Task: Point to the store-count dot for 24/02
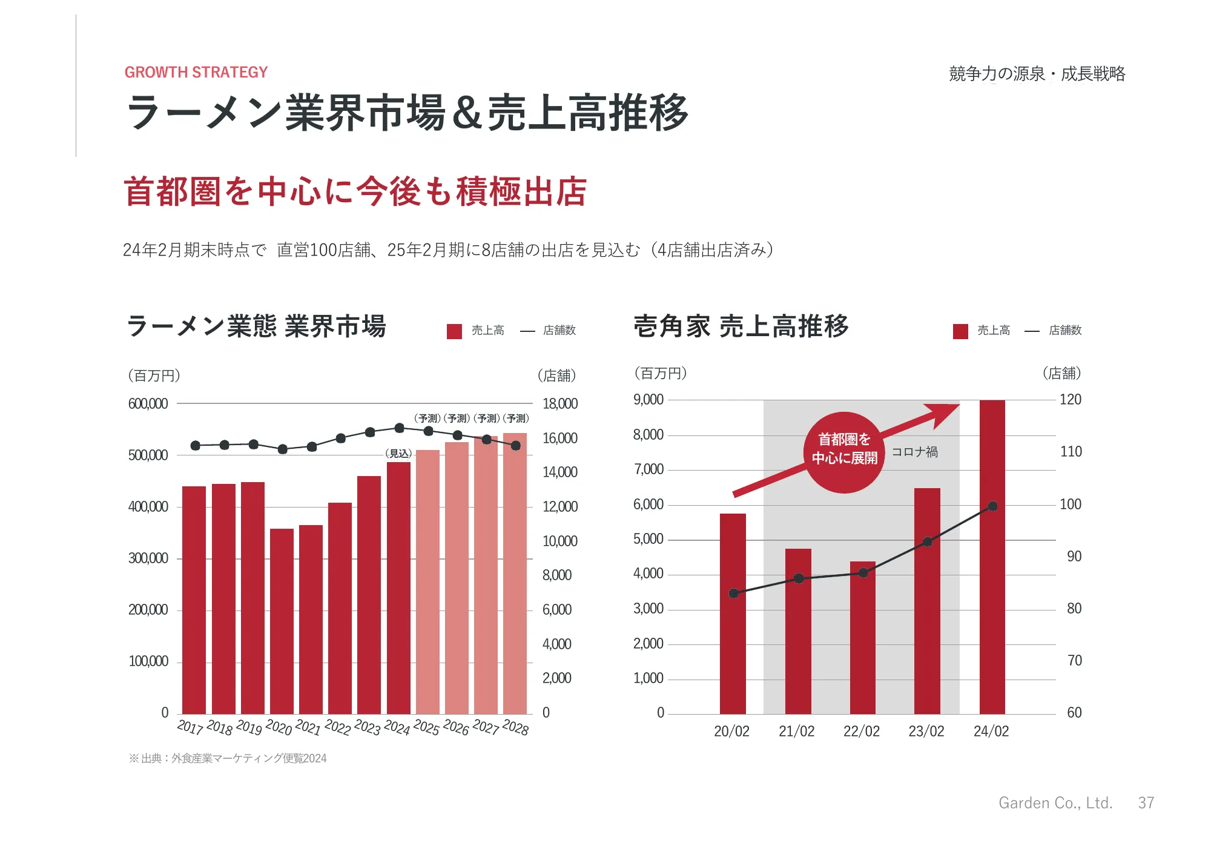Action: (992, 506)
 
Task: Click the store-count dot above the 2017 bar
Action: (195, 446)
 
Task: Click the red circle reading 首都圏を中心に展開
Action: (844, 452)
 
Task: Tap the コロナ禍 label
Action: (914, 452)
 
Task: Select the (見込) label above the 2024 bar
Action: (398, 454)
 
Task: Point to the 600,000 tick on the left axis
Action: (148, 404)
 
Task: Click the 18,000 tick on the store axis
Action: (560, 404)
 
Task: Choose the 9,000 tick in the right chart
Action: (648, 400)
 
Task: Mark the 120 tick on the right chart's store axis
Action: (1071, 400)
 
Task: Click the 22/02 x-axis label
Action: (861, 732)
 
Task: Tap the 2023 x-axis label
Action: (368, 727)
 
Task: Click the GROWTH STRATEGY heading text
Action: (196, 73)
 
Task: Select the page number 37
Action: (1146, 803)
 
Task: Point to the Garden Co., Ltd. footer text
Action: (1055, 803)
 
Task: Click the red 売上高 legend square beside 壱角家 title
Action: (960, 331)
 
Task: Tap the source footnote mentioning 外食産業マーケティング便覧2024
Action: (228, 758)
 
